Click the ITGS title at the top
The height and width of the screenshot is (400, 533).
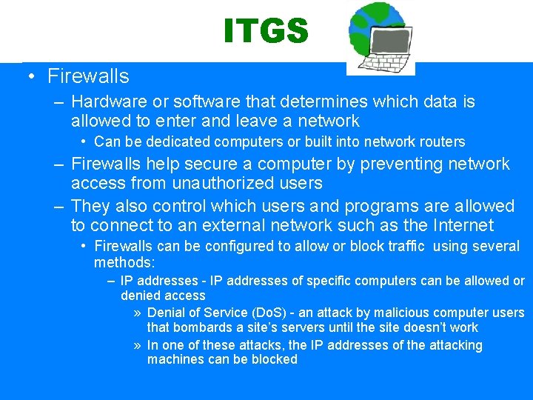(x=266, y=31)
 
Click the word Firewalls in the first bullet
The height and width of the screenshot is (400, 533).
(x=87, y=76)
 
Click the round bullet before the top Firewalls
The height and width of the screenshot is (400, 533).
(x=30, y=76)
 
